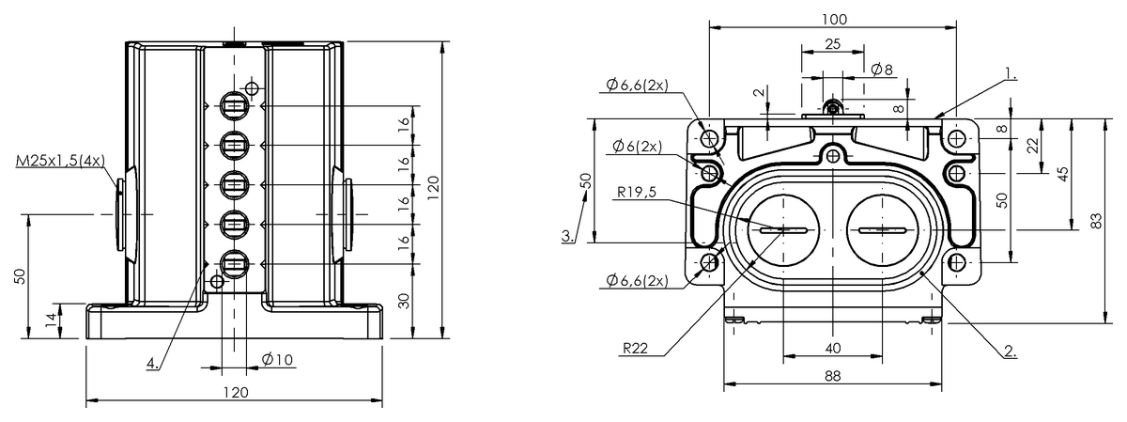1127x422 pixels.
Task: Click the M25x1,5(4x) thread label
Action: (x=60, y=161)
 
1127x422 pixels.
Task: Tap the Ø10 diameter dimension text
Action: (x=277, y=359)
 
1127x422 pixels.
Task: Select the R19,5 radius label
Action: (x=637, y=192)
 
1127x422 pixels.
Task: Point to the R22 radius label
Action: (x=635, y=348)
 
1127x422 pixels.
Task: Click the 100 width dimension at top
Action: (x=834, y=19)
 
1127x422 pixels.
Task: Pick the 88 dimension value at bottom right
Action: (x=833, y=376)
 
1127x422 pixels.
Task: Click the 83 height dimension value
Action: (x=1096, y=221)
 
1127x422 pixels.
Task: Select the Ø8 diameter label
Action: (x=882, y=69)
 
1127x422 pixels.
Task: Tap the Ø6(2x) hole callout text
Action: (x=637, y=146)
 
